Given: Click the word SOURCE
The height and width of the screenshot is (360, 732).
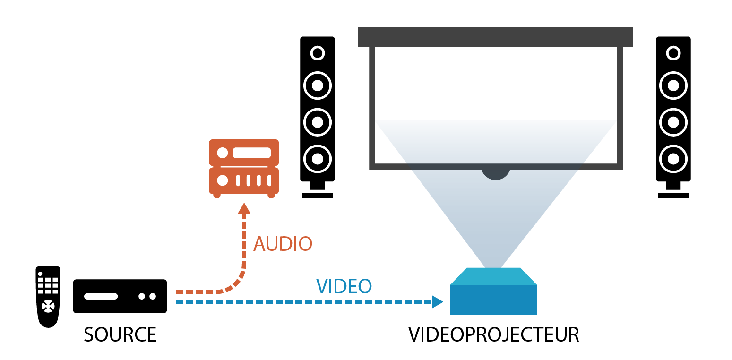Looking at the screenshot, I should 120,334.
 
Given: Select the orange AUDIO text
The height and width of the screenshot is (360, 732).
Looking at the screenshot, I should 283,244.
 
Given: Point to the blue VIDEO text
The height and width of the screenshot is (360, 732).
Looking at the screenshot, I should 344,286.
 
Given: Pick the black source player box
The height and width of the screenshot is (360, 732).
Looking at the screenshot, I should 120,296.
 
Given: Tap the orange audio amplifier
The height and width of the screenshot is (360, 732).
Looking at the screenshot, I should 244,168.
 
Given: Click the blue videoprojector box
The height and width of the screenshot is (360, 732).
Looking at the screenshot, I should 493,295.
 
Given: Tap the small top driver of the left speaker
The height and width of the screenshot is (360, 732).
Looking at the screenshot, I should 318,52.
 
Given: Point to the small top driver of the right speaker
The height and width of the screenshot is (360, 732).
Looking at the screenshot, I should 673,52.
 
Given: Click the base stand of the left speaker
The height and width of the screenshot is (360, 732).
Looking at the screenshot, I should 318,195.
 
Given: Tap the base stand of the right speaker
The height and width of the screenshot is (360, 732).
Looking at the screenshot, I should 673,195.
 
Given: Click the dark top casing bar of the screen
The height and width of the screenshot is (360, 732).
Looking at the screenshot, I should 495,37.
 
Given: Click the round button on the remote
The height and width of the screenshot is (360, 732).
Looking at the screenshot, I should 47,306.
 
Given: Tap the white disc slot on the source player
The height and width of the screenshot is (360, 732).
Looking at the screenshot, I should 101,297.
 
